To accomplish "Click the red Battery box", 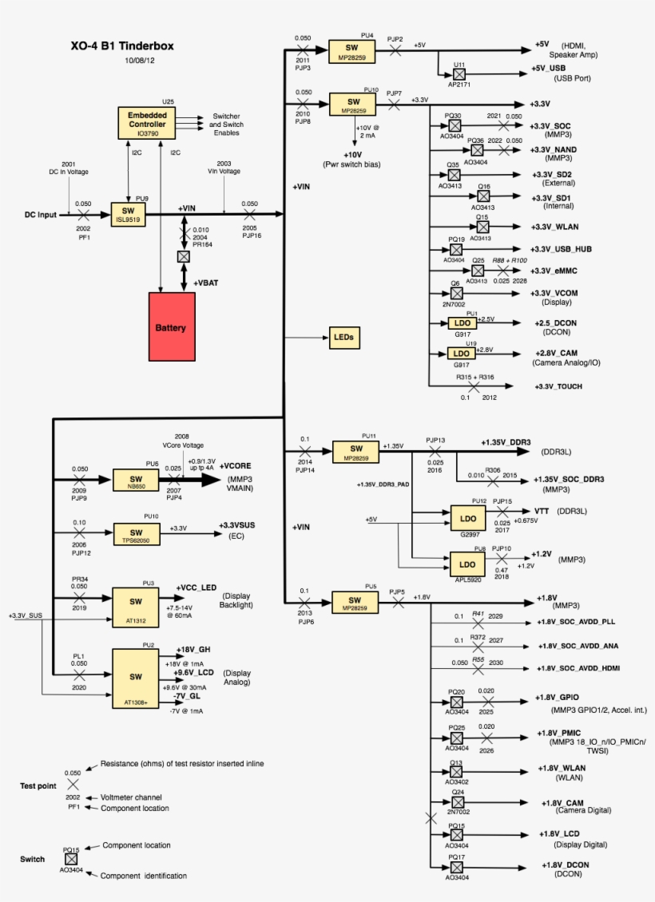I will point(172,326).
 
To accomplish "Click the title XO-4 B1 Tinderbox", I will point(121,46).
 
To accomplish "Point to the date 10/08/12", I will point(141,61).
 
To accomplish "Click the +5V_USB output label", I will point(548,69).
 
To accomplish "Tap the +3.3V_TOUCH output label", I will point(558,387).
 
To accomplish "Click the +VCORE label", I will point(236,466).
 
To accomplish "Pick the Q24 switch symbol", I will point(457,801).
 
